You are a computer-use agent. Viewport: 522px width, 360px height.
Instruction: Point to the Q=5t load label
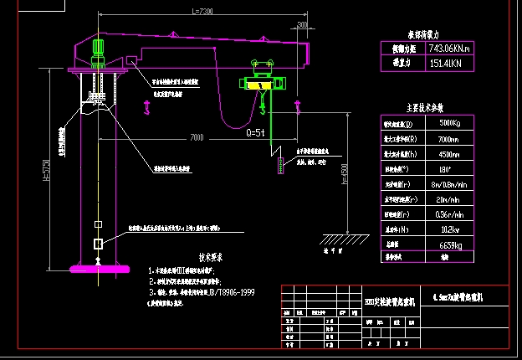[255, 132]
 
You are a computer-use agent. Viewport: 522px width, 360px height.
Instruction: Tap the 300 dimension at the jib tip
[301, 24]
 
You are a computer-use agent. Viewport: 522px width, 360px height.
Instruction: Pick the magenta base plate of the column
[100, 269]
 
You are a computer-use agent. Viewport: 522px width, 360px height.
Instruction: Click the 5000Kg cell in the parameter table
[441, 124]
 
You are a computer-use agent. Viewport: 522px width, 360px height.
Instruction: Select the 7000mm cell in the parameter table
[441, 138]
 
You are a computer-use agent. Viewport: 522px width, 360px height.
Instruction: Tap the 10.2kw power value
[441, 229]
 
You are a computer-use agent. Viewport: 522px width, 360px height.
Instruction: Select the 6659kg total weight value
[441, 244]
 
